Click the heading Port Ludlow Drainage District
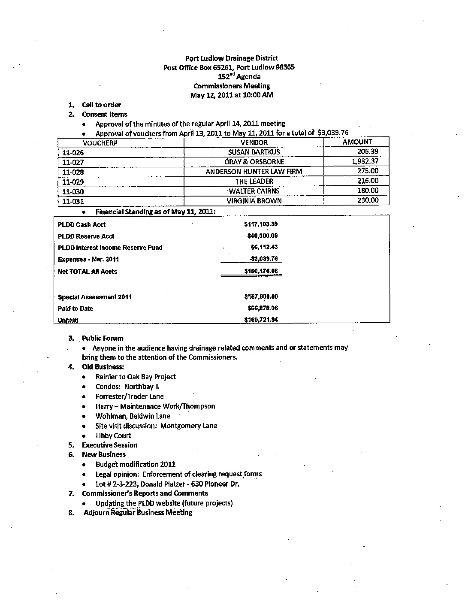coord(231,58)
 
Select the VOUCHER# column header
coord(100,143)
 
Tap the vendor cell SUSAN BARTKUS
coord(254,152)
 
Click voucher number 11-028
coord(73,172)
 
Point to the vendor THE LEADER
coord(254,181)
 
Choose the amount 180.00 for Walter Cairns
coord(368,191)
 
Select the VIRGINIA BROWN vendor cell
coord(254,201)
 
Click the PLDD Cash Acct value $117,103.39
coord(261,224)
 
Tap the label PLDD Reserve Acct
coord(86,236)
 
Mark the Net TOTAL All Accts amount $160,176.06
coord(261,271)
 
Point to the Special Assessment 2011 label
coord(94,297)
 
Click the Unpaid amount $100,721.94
coord(261,320)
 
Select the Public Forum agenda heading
coord(103,338)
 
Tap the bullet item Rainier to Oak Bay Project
coord(136,377)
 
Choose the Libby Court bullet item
coord(113,436)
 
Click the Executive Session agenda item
coord(109,445)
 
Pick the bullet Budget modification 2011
coord(136,464)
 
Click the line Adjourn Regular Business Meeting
coord(138,513)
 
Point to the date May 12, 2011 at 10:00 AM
coord(231,95)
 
